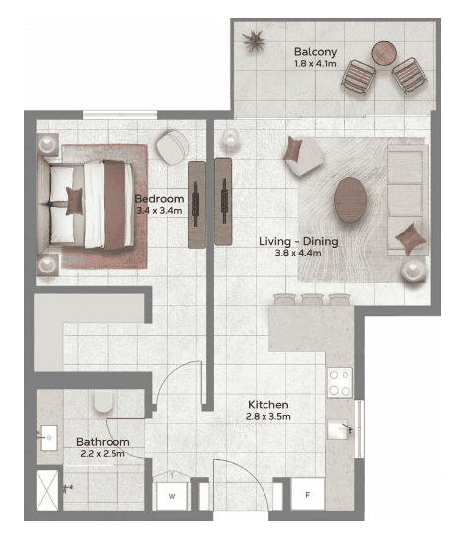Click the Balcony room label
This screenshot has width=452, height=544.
tap(315, 51)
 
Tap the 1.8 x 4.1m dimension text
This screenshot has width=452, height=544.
tap(315, 64)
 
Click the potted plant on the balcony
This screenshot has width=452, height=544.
tap(255, 40)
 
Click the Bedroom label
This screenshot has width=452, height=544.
tap(158, 197)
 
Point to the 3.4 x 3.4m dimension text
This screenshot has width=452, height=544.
tap(158, 210)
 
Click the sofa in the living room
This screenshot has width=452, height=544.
tap(406, 183)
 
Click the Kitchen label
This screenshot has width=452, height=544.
tap(267, 405)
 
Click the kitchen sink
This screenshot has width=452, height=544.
tap(341, 427)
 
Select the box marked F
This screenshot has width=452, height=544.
tap(307, 493)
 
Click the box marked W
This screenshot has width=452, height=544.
tap(171, 495)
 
